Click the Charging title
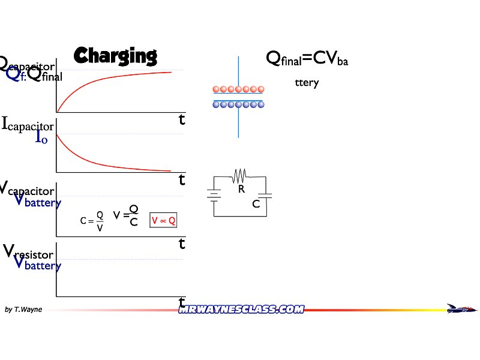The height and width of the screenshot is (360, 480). (115, 56)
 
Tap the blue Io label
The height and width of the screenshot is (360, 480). (42, 138)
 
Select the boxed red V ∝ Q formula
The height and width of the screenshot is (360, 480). (163, 221)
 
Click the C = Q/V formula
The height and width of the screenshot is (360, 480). (92, 221)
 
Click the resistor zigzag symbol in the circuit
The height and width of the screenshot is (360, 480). (239, 175)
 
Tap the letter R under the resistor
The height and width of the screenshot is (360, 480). (241, 189)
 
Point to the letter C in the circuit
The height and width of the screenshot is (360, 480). (256, 204)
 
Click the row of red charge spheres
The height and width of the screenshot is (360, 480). (238, 89)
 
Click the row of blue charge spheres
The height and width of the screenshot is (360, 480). (238, 104)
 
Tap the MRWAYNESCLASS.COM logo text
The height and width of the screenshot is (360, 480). (241, 309)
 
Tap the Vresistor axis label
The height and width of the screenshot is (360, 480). (29, 251)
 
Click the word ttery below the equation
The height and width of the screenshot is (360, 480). (307, 83)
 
